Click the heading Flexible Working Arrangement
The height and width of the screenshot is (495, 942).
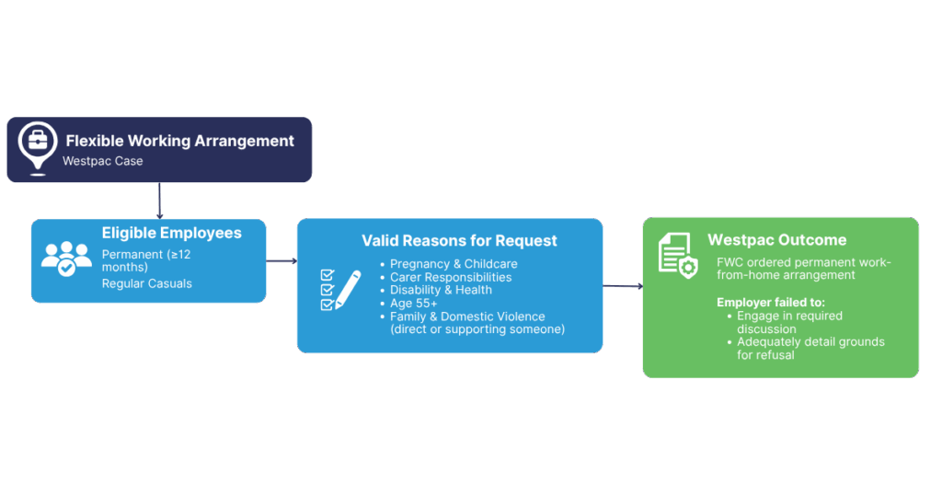pyautogui.click(x=180, y=141)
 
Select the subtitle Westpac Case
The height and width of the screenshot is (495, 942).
pyautogui.click(x=102, y=161)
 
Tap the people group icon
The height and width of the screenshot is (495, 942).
pyautogui.click(x=66, y=259)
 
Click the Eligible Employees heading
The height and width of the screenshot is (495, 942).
pyautogui.click(x=172, y=234)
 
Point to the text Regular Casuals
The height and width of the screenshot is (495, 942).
pyautogui.click(x=147, y=283)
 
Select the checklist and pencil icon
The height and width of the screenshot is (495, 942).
pyautogui.click(x=339, y=287)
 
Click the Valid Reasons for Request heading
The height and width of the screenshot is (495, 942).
pyautogui.click(x=459, y=241)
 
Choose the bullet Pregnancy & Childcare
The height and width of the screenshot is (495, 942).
pyautogui.click(x=454, y=264)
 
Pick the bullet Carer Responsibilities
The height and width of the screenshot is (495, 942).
pyautogui.click(x=451, y=277)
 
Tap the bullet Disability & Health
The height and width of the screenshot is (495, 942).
pyautogui.click(x=441, y=290)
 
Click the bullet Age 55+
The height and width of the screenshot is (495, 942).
pyautogui.click(x=414, y=303)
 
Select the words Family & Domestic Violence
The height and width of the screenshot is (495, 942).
pyautogui.click(x=467, y=317)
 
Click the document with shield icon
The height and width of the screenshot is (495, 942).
pyautogui.click(x=679, y=254)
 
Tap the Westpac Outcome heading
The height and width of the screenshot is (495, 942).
pyautogui.click(x=776, y=240)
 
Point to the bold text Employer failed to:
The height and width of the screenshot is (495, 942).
pyautogui.click(x=772, y=302)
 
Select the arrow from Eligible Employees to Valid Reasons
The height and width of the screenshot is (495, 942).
pyautogui.click(x=281, y=261)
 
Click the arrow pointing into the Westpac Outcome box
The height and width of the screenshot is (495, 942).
pyautogui.click(x=623, y=286)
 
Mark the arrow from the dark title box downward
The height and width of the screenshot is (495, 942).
pyautogui.click(x=160, y=201)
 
